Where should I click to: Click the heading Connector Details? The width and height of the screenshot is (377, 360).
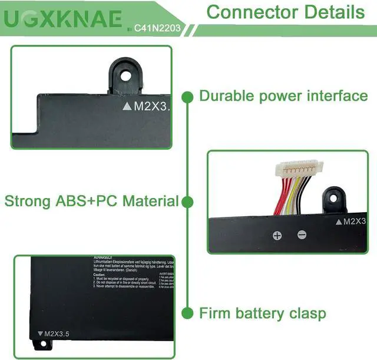tap(285, 12)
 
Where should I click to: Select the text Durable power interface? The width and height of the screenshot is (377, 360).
tap(283, 96)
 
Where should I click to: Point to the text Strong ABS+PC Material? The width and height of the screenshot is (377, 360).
tap(91, 201)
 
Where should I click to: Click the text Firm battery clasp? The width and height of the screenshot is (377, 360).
tap(262, 312)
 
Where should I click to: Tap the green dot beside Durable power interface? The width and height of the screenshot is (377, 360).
tap(187, 96)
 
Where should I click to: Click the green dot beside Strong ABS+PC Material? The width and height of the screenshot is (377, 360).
tap(187, 202)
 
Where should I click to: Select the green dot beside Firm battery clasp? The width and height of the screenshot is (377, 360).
tap(187, 312)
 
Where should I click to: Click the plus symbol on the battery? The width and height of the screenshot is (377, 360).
tap(277, 236)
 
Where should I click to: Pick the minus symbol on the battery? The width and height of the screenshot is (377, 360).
tap(302, 235)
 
